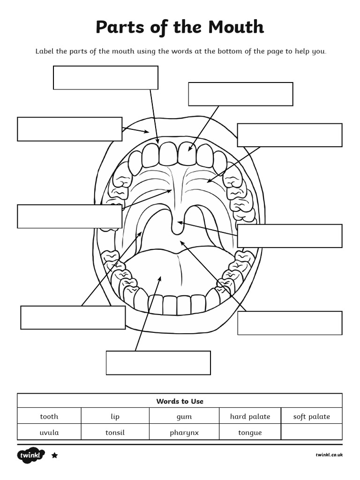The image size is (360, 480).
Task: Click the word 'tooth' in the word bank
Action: point(49,416)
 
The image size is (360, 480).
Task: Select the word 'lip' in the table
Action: point(115,416)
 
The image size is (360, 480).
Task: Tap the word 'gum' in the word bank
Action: point(184,416)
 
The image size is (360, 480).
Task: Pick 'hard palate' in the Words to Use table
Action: point(250,416)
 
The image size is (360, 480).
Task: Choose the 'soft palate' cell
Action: point(312,416)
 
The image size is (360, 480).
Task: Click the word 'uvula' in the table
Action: point(49,432)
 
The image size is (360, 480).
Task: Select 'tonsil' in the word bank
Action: point(115,432)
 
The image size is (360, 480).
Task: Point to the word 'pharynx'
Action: point(184,432)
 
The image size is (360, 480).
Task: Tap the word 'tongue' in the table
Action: point(250,432)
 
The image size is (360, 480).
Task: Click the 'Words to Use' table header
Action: point(180,401)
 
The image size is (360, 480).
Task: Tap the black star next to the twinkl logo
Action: point(54,455)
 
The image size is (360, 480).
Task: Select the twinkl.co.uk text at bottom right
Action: point(329,455)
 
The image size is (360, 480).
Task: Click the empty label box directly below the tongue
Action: point(158,363)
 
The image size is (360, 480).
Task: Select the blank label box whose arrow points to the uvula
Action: point(289,236)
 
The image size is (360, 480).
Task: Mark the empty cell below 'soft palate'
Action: point(312,432)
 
